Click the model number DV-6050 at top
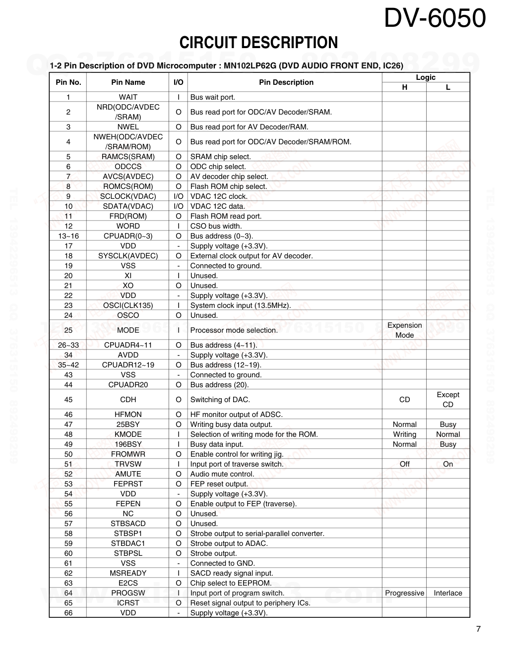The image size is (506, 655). point(435,19)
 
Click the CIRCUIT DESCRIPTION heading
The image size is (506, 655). point(258,43)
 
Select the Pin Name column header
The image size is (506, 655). point(128,82)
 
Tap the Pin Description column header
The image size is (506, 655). point(286,82)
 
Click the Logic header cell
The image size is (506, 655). point(426,77)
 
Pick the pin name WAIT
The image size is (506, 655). point(128,97)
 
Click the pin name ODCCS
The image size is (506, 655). point(128,167)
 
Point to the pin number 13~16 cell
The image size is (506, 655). point(68,236)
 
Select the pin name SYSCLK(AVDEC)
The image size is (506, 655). point(128,256)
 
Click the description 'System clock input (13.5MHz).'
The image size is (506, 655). point(241,305)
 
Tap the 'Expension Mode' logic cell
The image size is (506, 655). point(404,330)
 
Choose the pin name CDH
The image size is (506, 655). point(128,400)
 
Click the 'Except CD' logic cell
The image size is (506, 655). point(448,400)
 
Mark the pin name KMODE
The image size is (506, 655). point(128,434)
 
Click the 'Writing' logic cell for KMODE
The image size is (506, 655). point(404,434)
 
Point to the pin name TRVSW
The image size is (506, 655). point(128,464)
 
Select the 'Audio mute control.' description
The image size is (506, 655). point(222,474)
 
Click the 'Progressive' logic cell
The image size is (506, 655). point(404,593)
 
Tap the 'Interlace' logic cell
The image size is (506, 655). point(448,593)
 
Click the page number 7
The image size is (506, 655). point(478,629)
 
